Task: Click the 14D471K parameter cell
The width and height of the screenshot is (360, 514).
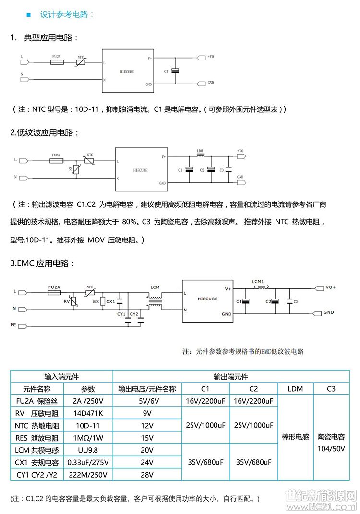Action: (x=88, y=413)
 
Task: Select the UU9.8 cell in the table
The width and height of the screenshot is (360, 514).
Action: (x=88, y=450)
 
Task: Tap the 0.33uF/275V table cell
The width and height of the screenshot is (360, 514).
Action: (x=88, y=463)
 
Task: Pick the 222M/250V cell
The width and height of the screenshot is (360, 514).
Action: (x=88, y=475)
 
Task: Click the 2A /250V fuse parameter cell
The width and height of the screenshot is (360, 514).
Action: (x=88, y=401)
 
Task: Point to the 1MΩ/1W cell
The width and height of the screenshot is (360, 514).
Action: (x=88, y=438)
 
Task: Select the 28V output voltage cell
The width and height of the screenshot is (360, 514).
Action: (x=147, y=475)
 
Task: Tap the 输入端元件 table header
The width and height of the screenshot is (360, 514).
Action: (x=61, y=376)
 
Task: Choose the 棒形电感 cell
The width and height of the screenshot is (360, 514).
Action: (x=295, y=438)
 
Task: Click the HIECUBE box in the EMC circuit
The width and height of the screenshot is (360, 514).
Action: (x=207, y=300)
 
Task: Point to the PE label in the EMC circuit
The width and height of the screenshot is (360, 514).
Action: (x=13, y=325)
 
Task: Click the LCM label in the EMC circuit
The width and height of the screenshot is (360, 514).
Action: (x=155, y=287)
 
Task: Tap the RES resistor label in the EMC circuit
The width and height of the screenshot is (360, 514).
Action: (x=96, y=303)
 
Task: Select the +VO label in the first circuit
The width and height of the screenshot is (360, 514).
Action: (x=211, y=57)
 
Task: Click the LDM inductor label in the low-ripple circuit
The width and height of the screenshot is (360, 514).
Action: (x=200, y=151)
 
